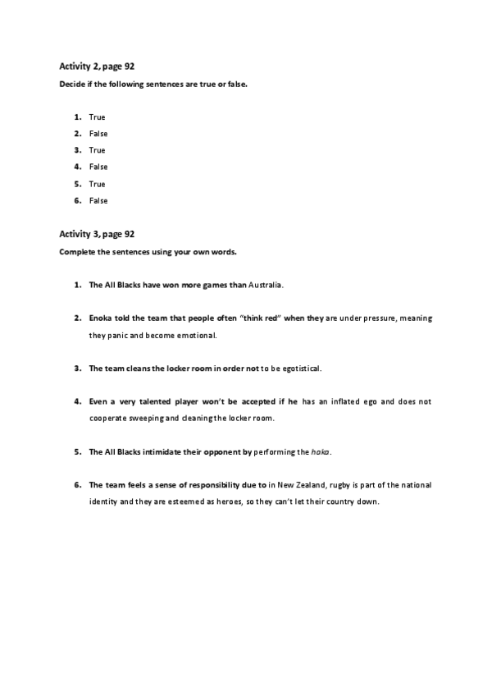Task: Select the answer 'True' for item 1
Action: [x=97, y=117]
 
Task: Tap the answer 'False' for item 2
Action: [x=98, y=134]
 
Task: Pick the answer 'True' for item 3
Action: [x=97, y=150]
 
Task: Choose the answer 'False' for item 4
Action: [x=98, y=167]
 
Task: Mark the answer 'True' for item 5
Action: [x=97, y=184]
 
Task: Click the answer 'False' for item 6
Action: [x=98, y=200]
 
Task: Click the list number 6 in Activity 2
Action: [x=77, y=200]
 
